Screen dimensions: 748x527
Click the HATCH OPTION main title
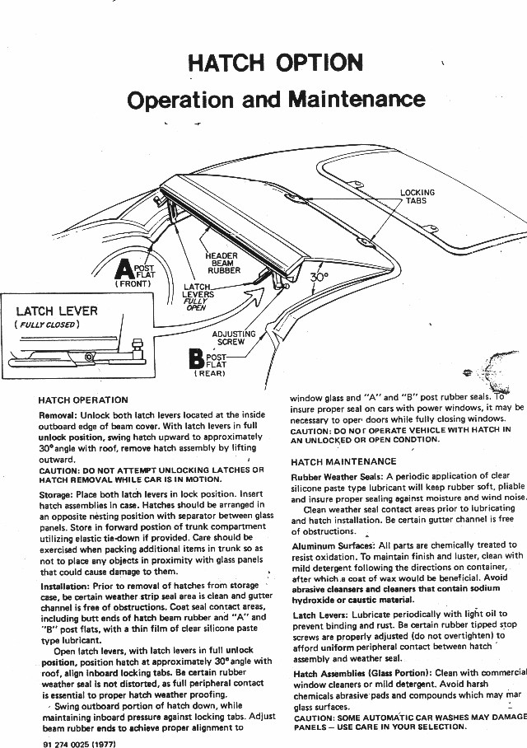click(x=275, y=63)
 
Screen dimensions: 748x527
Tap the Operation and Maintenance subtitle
click(x=276, y=101)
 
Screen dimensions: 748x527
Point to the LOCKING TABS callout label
click(x=417, y=197)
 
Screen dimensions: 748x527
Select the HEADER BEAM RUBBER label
click(x=223, y=263)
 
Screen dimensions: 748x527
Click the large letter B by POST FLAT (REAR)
click(x=196, y=359)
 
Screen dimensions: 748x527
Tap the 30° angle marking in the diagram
click(x=319, y=278)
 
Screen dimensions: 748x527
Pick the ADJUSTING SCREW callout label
click(x=234, y=338)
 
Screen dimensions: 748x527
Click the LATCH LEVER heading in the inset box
click(x=57, y=311)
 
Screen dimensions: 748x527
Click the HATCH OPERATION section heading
click(x=83, y=400)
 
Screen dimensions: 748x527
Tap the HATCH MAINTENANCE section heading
click(x=343, y=462)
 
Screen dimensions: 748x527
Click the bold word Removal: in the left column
click(x=58, y=415)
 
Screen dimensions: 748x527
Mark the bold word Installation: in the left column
click(x=64, y=587)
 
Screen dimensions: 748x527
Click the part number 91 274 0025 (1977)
click(x=79, y=742)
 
